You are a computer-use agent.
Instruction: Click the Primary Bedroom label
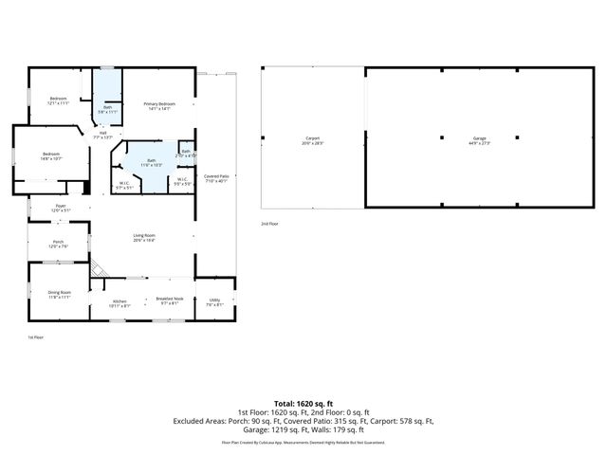coord(159,103)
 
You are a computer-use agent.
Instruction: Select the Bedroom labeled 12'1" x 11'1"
coord(59,99)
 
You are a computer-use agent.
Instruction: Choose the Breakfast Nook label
coord(170,300)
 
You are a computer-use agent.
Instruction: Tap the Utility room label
coord(214,301)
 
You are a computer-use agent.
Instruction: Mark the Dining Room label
coord(60,293)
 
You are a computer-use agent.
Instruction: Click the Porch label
coord(58,244)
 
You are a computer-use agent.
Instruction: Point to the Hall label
coord(102,134)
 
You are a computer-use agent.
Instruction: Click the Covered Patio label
coord(216,177)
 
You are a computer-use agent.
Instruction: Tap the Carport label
coord(312,140)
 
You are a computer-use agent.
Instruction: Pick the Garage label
coord(479,140)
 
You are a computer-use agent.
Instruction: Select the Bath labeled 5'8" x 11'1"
coord(108,108)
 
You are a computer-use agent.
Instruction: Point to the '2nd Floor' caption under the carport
coord(270,224)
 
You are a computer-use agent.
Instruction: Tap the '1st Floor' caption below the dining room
coord(35,337)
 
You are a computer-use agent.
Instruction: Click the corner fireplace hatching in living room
coord(96,270)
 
